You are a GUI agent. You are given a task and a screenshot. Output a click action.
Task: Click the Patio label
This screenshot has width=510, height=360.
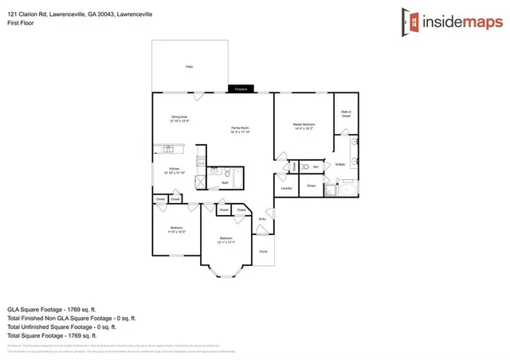pos(190,68)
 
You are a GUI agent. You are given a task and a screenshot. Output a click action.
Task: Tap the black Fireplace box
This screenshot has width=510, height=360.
pos(241,89)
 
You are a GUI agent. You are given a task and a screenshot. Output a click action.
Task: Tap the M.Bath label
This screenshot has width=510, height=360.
pos(340,165)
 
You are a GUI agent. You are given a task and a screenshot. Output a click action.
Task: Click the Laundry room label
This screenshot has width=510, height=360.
pos(286,188)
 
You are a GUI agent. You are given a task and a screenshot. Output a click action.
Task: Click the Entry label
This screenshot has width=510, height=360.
pos(262,219)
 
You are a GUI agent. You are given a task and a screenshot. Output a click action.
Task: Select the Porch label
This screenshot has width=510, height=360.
pos(263,251)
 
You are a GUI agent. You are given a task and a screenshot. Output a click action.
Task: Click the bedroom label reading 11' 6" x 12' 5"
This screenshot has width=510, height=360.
pos(177,230)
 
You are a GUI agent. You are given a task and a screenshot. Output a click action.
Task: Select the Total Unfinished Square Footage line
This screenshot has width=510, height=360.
pos(62,327)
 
